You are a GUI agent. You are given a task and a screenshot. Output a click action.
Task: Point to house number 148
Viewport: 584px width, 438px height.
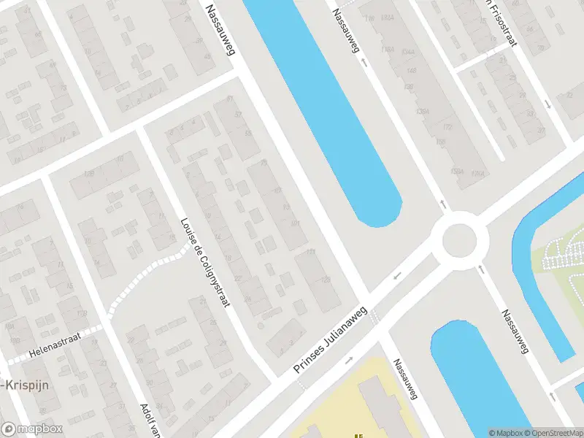(x=411, y=71)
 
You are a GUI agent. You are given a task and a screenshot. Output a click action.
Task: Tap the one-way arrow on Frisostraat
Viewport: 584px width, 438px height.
(x=547, y=104)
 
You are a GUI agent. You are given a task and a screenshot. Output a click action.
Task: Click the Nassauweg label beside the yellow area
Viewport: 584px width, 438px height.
(x=404, y=380)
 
